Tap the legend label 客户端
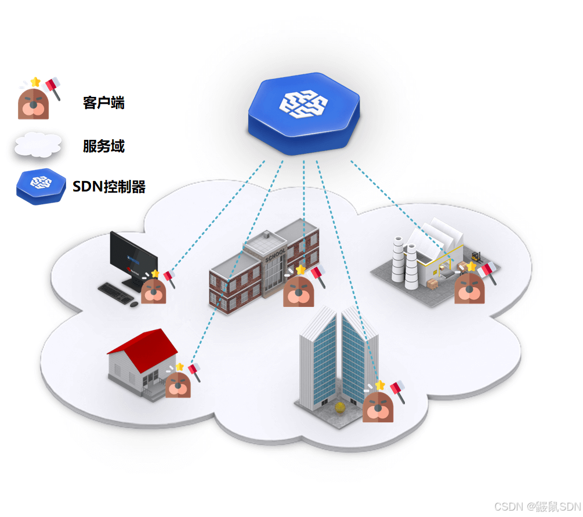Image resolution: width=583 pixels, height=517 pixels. pyautogui.click(x=104, y=103)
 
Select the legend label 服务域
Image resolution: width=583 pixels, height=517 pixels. pyautogui.click(x=104, y=146)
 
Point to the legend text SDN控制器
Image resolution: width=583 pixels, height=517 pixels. pyautogui.click(x=109, y=186)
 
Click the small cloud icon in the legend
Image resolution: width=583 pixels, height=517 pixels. pyautogui.click(x=38, y=145)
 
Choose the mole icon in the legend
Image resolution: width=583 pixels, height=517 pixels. pyautogui.click(x=34, y=103)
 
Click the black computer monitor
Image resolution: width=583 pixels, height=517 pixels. pyautogui.click(x=134, y=255)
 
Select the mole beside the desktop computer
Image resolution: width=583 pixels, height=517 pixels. pyautogui.click(x=154, y=290)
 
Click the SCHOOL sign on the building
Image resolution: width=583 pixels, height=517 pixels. pyautogui.click(x=275, y=255)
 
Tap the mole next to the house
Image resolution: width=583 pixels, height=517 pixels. pyautogui.click(x=178, y=384)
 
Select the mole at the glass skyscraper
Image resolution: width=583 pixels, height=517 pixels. pyautogui.click(x=378, y=406)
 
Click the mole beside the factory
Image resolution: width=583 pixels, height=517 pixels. pyautogui.click(x=469, y=288)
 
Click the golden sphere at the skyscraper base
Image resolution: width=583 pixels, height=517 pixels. pyautogui.click(x=341, y=408)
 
